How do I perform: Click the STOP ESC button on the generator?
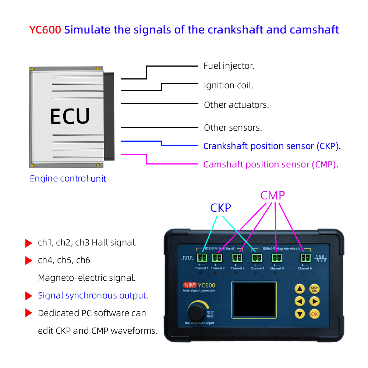[314, 289]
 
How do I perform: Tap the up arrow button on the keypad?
[300, 289]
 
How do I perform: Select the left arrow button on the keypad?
[300, 301]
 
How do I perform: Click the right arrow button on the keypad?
[314, 301]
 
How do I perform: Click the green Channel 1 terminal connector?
[202, 258]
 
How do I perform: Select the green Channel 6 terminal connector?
[305, 258]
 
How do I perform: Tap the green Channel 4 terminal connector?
[257, 258]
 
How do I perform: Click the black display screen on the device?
[253, 300]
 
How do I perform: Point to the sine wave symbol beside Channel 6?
[321, 258]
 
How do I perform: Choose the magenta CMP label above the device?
[273, 196]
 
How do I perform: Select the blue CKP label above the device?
[220, 208]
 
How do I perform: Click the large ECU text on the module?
[70, 117]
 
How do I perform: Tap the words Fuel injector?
[229, 66]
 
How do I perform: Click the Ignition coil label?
[229, 86]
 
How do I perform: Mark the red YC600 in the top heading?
[45, 30]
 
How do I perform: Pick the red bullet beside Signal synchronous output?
[29, 296]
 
